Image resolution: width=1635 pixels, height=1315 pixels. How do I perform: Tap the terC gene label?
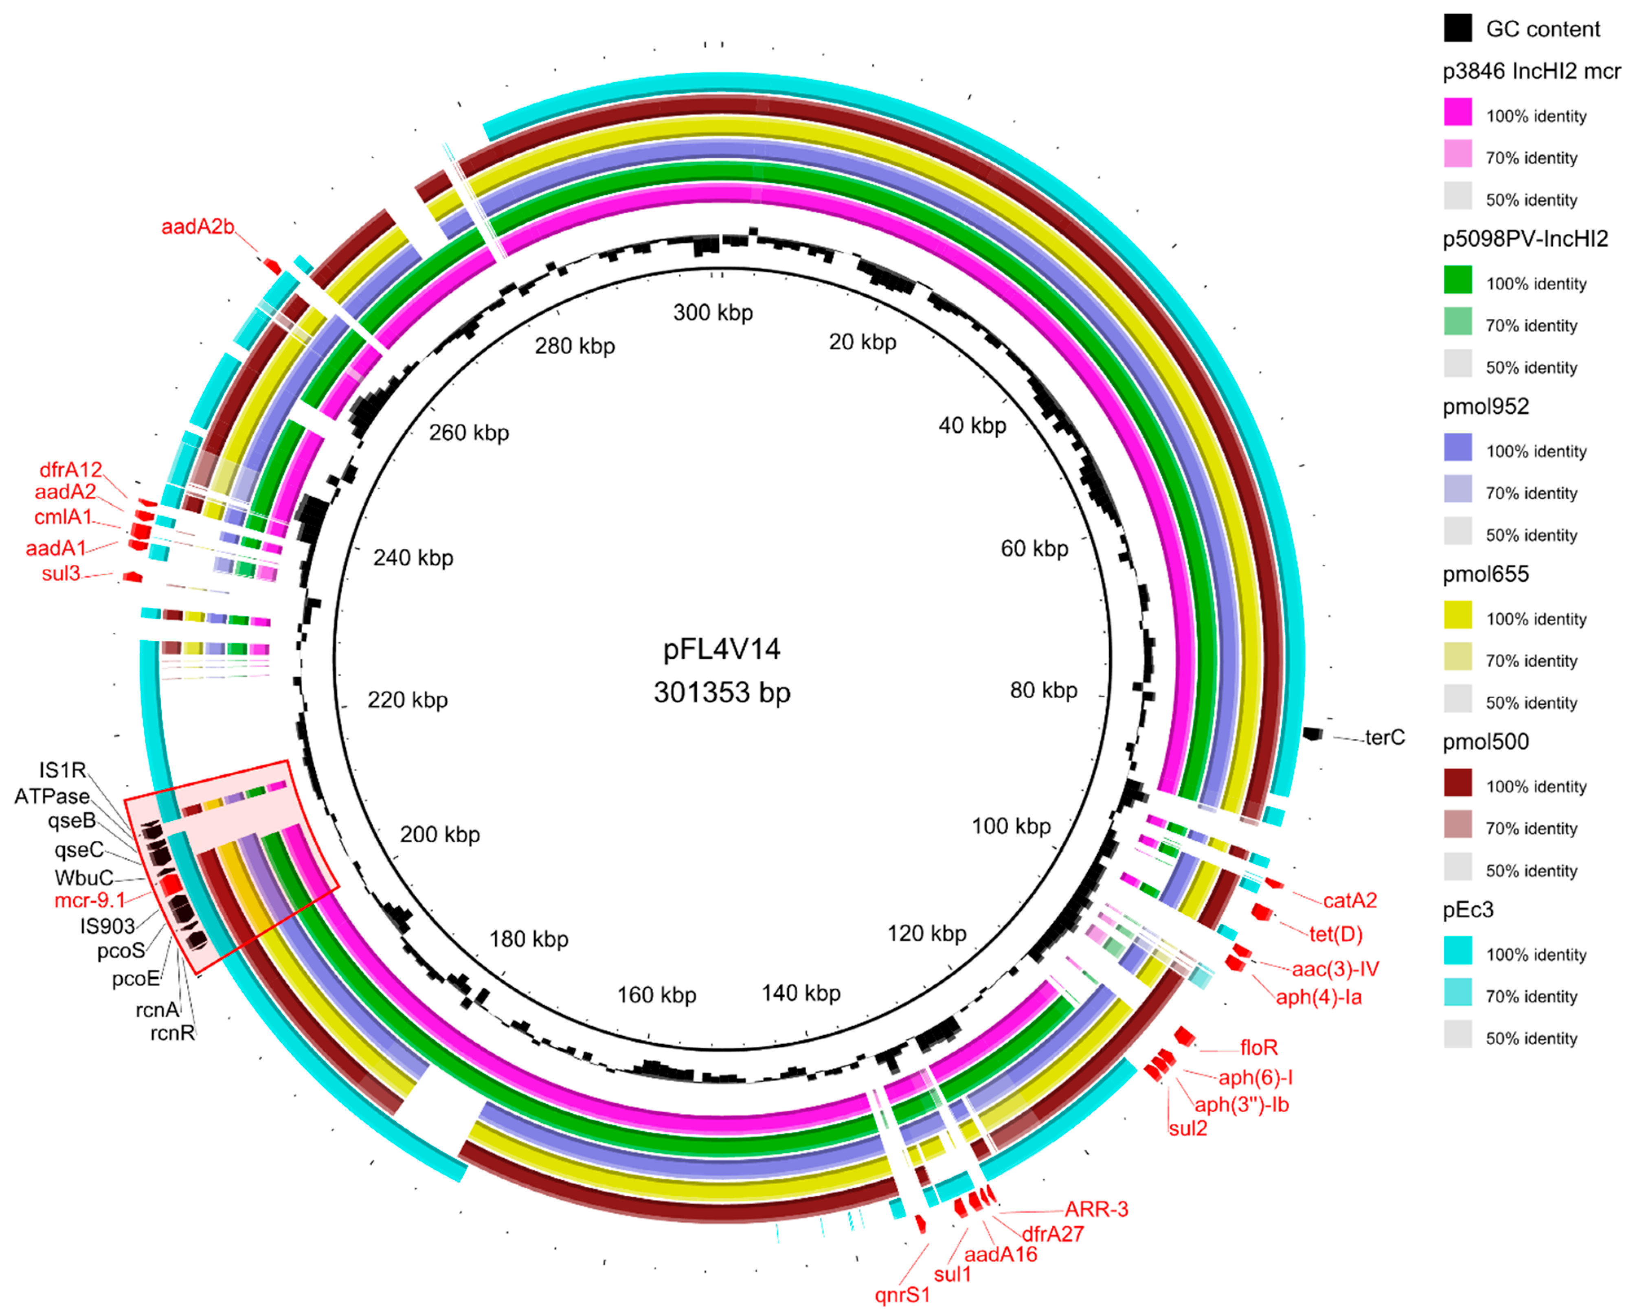[1385, 737]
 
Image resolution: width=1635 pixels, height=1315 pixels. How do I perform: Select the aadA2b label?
[197, 227]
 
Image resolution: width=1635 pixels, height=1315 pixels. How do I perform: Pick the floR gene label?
[1259, 1048]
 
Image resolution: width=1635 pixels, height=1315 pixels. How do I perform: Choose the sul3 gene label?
[61, 573]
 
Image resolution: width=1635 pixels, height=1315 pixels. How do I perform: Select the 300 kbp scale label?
[713, 312]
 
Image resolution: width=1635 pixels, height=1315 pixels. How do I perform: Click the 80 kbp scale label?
[1043, 690]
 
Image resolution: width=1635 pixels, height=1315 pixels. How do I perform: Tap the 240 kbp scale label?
[413, 558]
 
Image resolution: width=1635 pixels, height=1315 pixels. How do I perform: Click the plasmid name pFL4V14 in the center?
[721, 649]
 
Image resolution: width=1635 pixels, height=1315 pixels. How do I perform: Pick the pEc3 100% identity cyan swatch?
[1457, 951]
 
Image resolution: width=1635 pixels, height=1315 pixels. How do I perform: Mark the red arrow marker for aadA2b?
[272, 266]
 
